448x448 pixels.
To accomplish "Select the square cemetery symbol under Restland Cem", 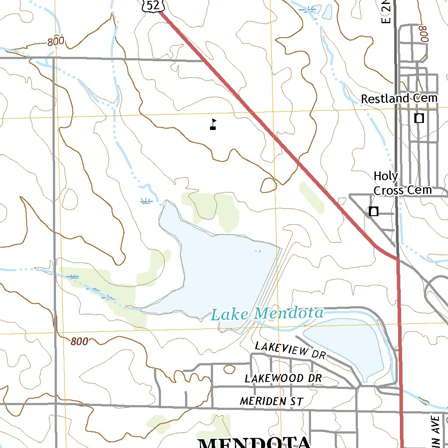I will click(419, 118).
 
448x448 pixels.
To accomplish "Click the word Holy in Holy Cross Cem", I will click(386, 176).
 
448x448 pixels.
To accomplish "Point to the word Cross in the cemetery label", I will click(389, 190).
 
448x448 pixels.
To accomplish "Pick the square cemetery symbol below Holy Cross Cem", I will click(373, 211).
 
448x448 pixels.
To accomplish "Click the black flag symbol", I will click(213, 124).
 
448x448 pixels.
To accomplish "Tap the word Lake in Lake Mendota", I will click(230, 314).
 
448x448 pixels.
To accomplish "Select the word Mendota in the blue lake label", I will click(289, 313).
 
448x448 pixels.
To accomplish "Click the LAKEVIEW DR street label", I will click(290, 350).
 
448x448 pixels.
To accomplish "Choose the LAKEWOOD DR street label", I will click(283, 378).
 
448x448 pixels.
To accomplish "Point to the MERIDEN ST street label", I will click(271, 401).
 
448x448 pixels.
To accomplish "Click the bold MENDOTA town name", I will click(254, 442).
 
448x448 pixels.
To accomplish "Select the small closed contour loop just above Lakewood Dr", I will click(229, 369).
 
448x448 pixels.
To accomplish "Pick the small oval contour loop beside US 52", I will click(269, 185).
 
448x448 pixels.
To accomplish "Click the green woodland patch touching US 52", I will click(311, 197).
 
